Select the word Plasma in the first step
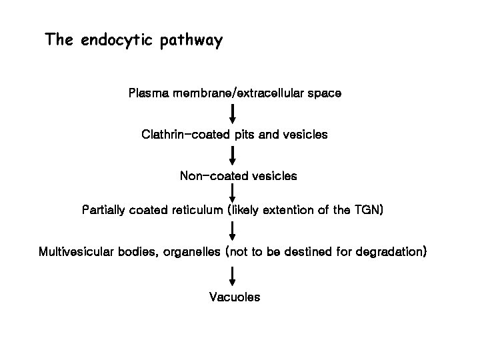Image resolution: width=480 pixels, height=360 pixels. click(149, 93)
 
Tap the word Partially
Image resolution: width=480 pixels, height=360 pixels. click(107, 211)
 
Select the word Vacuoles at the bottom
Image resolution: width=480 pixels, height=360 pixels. click(235, 296)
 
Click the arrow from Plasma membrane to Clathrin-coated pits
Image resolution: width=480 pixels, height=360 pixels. click(233, 113)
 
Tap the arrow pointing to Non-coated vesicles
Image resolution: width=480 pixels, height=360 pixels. click(233, 155)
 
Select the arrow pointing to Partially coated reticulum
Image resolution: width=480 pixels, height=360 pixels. click(233, 194)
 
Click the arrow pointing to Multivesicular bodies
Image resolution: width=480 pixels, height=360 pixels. click(233, 231)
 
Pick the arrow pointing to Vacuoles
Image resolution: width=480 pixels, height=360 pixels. click(233, 275)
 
